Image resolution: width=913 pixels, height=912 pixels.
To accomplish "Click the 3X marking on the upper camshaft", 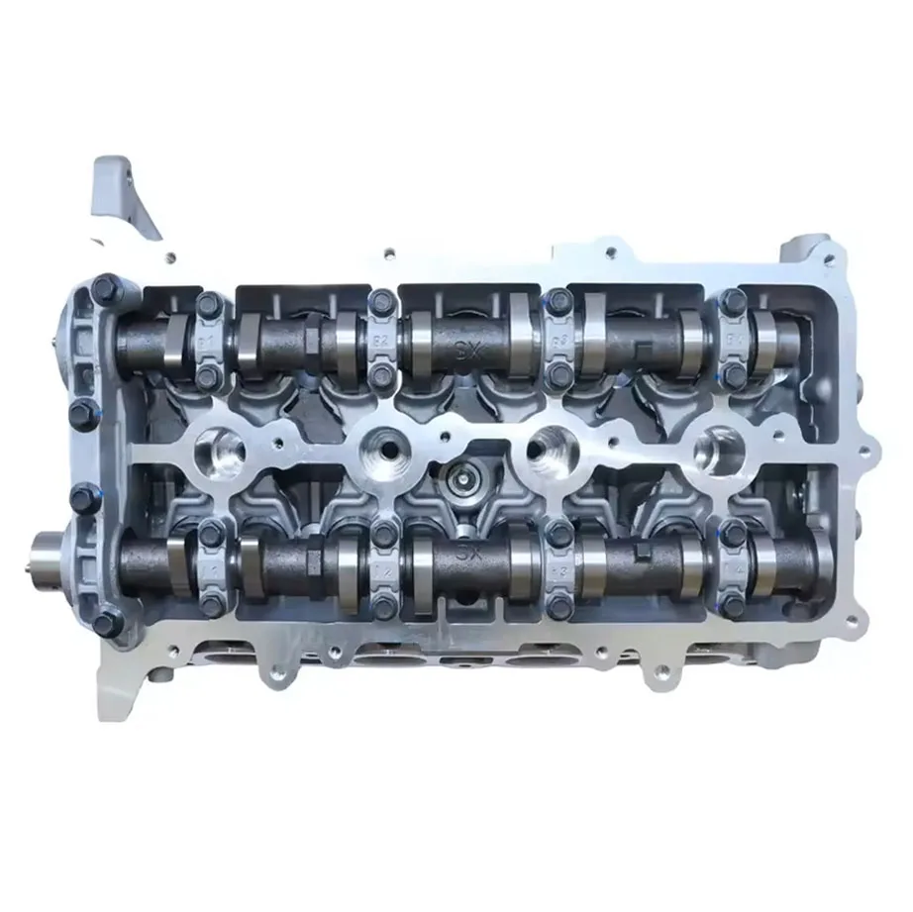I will coord(463,347).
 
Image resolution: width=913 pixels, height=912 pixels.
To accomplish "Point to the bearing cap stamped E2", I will coord(381,342).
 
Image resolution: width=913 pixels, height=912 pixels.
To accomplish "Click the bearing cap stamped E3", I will coord(558,342).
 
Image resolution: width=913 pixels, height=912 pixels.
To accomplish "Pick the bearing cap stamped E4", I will coord(733,342).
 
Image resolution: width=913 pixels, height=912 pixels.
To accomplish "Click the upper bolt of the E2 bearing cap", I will coord(381,300).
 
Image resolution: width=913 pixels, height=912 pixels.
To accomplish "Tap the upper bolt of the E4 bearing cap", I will coord(733,300).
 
